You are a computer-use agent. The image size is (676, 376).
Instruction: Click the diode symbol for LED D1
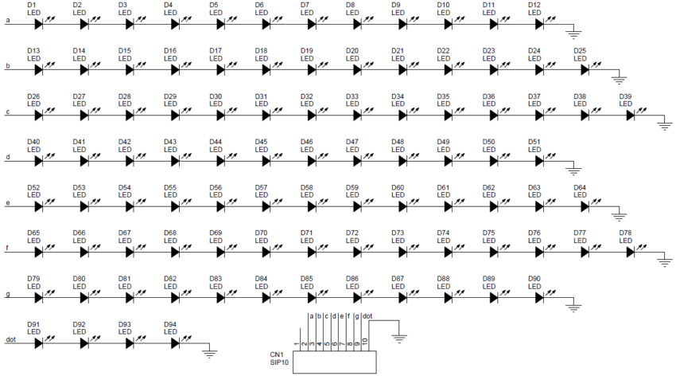[38, 24]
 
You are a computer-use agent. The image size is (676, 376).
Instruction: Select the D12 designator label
[534, 6]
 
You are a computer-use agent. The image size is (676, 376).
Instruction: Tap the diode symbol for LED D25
[585, 70]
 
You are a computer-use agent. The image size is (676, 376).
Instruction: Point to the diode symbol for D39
[631, 116]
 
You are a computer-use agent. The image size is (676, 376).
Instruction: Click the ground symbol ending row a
[573, 33]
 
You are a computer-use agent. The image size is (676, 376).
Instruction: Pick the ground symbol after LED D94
[209, 353]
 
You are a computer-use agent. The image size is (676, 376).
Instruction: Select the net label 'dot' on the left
[11, 339]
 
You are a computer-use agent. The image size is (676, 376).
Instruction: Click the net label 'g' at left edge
[8, 295]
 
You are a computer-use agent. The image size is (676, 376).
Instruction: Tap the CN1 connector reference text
[277, 354]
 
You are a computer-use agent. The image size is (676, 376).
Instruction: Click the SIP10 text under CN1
[279, 362]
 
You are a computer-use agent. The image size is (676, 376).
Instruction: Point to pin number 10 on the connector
[365, 342]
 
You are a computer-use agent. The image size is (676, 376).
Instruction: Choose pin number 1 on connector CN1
[297, 343]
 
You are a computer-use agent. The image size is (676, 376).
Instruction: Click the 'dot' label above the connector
[367, 316]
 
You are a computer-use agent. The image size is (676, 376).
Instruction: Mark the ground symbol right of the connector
[399, 338]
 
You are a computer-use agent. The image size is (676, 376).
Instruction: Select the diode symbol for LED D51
[539, 161]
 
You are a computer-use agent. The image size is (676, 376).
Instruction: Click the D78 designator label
[626, 233]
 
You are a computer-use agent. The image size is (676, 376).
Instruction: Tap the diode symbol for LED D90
[539, 298]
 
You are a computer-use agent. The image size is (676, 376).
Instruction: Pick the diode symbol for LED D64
[585, 207]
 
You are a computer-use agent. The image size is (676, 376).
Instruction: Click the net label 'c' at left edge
[8, 112]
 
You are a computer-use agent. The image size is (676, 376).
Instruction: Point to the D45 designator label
[262, 142]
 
